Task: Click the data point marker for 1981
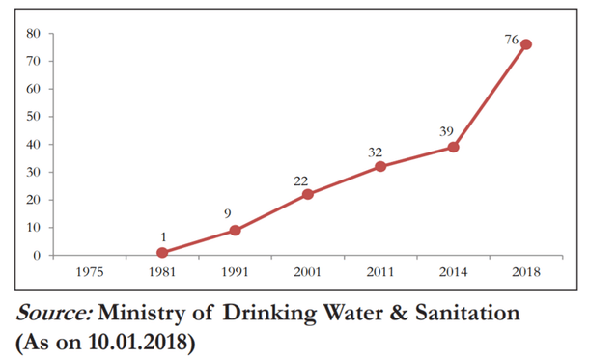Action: click(162, 253)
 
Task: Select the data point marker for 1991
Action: click(235, 231)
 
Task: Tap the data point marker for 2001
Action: click(308, 194)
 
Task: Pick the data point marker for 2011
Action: click(380, 166)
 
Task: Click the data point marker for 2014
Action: click(453, 147)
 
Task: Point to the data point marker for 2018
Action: click(526, 44)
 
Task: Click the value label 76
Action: click(510, 41)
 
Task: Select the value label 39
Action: click(446, 131)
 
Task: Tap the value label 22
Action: click(302, 180)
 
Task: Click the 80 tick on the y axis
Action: click(32, 34)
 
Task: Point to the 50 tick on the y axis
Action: click(32, 117)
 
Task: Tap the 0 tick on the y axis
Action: click(36, 256)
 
